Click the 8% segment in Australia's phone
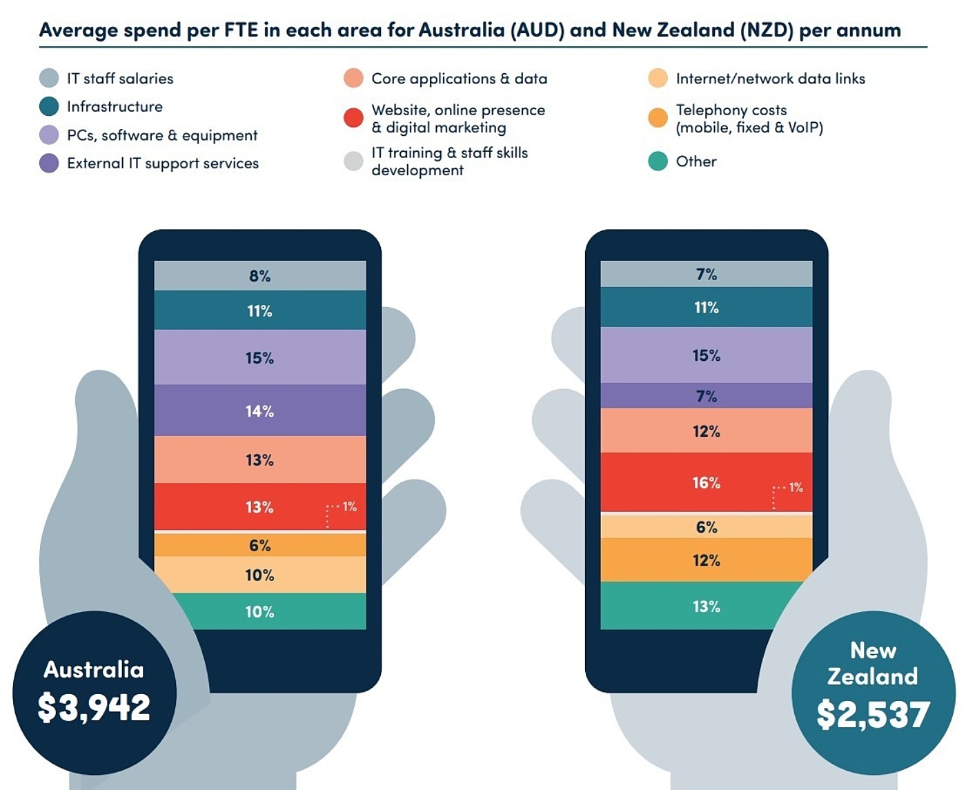(259, 276)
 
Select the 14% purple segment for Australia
(259, 411)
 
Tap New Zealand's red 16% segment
(706, 483)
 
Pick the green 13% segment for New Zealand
(706, 606)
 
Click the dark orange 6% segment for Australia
(259, 545)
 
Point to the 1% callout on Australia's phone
(349, 506)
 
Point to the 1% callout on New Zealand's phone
(796, 487)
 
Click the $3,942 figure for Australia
(94, 708)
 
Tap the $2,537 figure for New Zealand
(873, 715)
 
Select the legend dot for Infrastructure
(49, 106)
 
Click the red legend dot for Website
(353, 118)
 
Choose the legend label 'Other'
(696, 161)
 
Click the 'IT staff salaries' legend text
(120, 79)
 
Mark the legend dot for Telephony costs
(658, 118)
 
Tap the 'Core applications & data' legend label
(459, 79)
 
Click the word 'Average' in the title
(78, 30)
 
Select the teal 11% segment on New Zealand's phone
(706, 308)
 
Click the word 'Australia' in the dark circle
(94, 669)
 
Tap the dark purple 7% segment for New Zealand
(706, 396)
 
